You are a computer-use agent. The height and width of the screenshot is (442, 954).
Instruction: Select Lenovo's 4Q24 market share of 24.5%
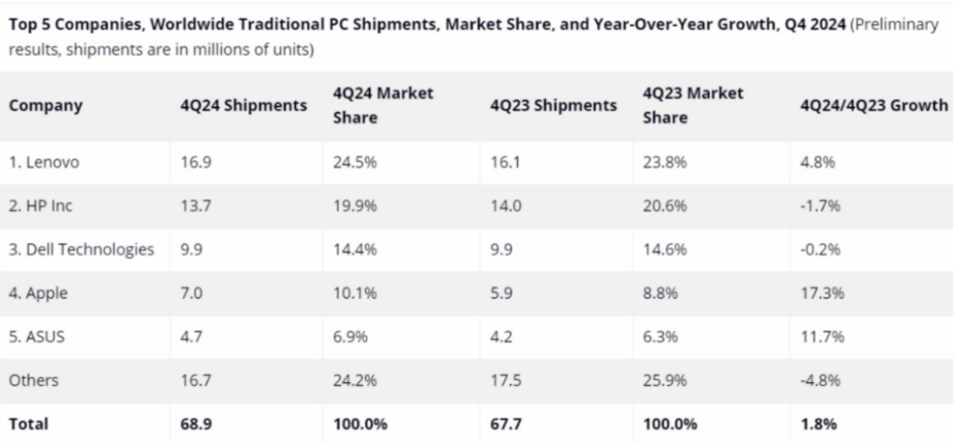pyautogui.click(x=348, y=163)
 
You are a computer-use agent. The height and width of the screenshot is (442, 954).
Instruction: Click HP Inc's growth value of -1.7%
pyautogui.click(x=815, y=207)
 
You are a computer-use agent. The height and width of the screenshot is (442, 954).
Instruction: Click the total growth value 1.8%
pyautogui.click(x=815, y=423)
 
